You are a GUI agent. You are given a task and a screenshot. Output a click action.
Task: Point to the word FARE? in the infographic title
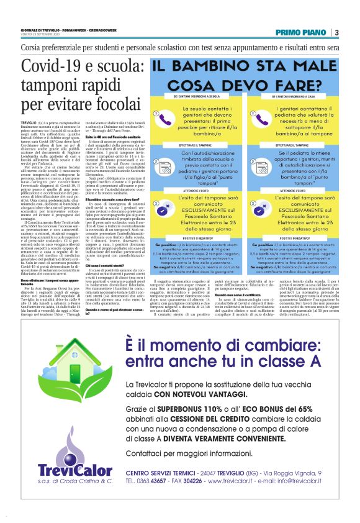(289, 83)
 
